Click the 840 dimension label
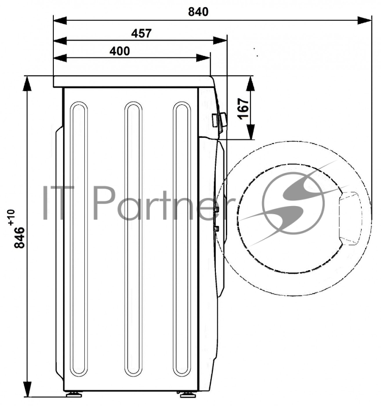coord(198,12)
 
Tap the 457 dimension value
coord(141,34)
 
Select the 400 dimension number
coord(120,51)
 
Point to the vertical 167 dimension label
coord(244,108)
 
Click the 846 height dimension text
coord(20,238)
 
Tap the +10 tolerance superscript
coord(12,217)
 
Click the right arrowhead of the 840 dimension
coord(364,20)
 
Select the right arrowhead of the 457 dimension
coord(220,41)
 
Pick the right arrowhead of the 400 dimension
coord(203,58)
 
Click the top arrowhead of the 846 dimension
coord(27,83)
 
